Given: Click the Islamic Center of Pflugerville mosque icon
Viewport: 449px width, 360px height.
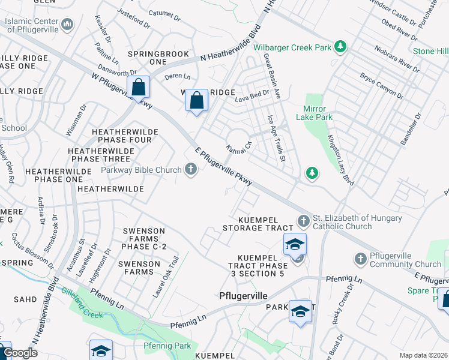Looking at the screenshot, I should coord(67,25).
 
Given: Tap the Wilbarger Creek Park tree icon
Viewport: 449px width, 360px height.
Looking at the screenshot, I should coord(341,46).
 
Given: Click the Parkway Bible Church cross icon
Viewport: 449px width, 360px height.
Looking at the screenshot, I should coord(191,170).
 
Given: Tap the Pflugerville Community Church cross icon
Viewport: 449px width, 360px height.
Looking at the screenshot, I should coord(360,259).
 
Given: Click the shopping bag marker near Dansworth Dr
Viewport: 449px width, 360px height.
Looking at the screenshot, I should coord(139,88).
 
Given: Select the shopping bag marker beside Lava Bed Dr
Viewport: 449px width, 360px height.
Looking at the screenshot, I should coord(196,100).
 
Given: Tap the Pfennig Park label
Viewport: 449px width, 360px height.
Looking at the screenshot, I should coord(167,346).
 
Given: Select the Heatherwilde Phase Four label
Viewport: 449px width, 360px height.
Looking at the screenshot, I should coord(125,136).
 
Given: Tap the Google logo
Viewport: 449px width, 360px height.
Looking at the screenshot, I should coord(20,353).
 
